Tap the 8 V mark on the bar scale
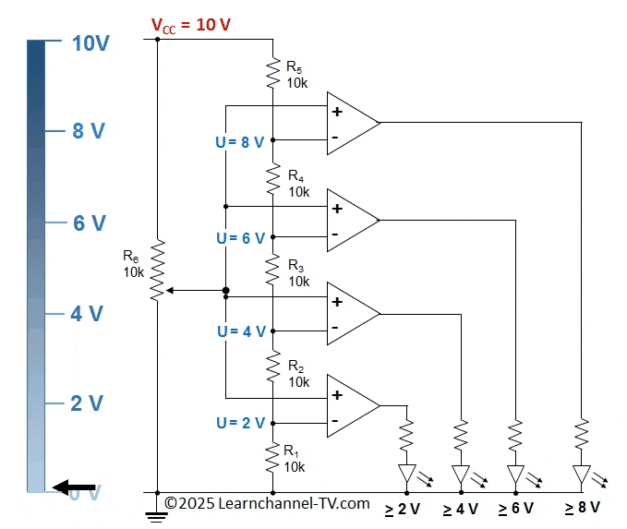coord(89,131)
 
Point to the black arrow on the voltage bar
coord(73,488)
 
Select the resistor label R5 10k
coord(296,74)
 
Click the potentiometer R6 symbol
coord(158,269)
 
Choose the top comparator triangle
coord(352,124)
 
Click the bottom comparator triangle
coord(352,406)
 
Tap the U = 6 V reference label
coord(240,237)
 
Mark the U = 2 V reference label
coord(240,423)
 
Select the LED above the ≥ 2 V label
coord(407,475)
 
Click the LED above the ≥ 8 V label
coord(582,475)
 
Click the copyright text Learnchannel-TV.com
coord(268,503)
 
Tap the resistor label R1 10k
coord(295,459)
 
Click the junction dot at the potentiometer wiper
coord(226,292)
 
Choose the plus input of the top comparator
coord(337,112)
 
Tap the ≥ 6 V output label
coord(516,509)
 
